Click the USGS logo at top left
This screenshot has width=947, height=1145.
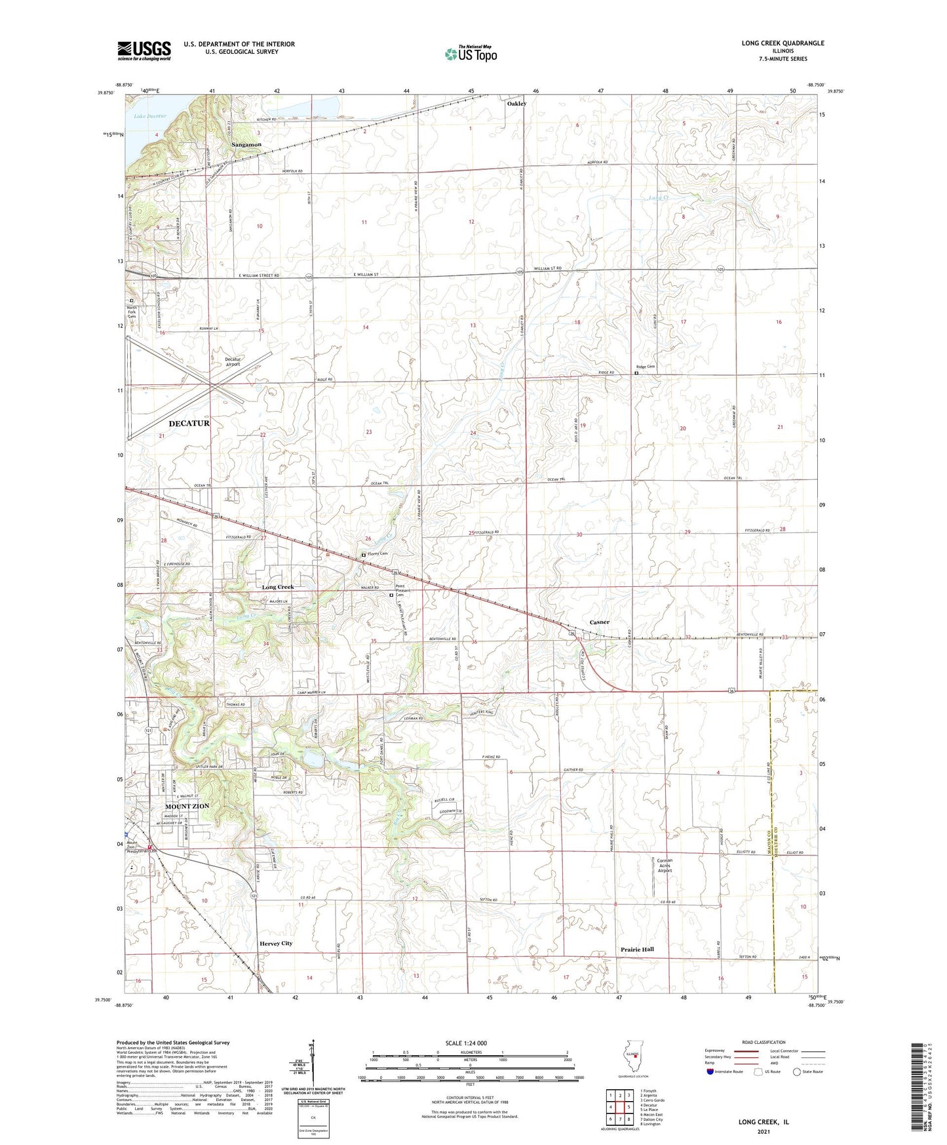pyautogui.click(x=144, y=50)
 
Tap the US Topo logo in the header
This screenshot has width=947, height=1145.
pyautogui.click(x=471, y=54)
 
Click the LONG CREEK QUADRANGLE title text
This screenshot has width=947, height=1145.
pyautogui.click(x=783, y=43)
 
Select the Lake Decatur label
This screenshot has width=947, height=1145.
pyautogui.click(x=150, y=116)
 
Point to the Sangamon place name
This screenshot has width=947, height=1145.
pyautogui.click(x=246, y=144)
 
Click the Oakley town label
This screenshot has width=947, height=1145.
pyautogui.click(x=516, y=104)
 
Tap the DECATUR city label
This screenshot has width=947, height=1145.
pyautogui.click(x=189, y=424)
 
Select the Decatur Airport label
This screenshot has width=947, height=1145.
pyautogui.click(x=233, y=362)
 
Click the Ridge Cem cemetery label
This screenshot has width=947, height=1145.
pyautogui.click(x=646, y=367)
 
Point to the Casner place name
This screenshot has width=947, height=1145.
pyautogui.click(x=599, y=622)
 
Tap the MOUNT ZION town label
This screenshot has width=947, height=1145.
pyautogui.click(x=187, y=806)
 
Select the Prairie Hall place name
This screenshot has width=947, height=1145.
pyautogui.click(x=637, y=949)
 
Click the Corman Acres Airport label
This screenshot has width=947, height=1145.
pyautogui.click(x=665, y=866)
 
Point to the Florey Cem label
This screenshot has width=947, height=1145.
pyautogui.click(x=377, y=554)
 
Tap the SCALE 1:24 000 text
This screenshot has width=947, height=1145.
pyautogui.click(x=466, y=1043)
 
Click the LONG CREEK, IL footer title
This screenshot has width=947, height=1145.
pyautogui.click(x=763, y=1122)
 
